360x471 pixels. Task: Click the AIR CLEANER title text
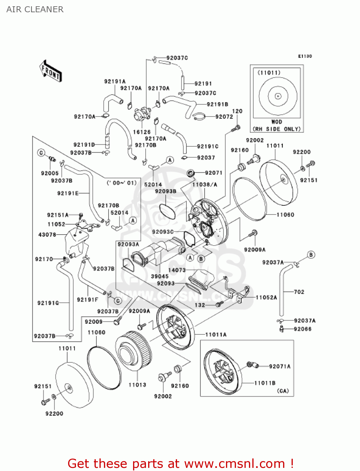[x=35, y=9]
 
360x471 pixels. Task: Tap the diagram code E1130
[x=305, y=56]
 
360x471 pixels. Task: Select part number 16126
[x=142, y=132]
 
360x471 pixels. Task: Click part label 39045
[x=160, y=276]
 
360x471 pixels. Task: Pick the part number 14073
[x=177, y=270]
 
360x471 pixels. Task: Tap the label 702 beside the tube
[x=299, y=292]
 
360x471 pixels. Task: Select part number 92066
[x=303, y=329]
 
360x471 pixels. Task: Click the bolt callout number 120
[x=237, y=111]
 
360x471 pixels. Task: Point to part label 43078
[x=47, y=235]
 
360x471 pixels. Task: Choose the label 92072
[x=224, y=116]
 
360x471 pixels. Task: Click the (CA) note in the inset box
[x=283, y=391]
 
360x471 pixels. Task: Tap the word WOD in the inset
[x=277, y=122]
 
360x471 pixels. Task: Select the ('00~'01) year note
[x=122, y=183]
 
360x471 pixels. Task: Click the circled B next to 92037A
[x=311, y=255]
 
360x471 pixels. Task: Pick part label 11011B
[x=265, y=383]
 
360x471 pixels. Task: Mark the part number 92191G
[x=48, y=303]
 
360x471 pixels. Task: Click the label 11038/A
[x=205, y=185]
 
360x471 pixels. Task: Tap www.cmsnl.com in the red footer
[x=234, y=463]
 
